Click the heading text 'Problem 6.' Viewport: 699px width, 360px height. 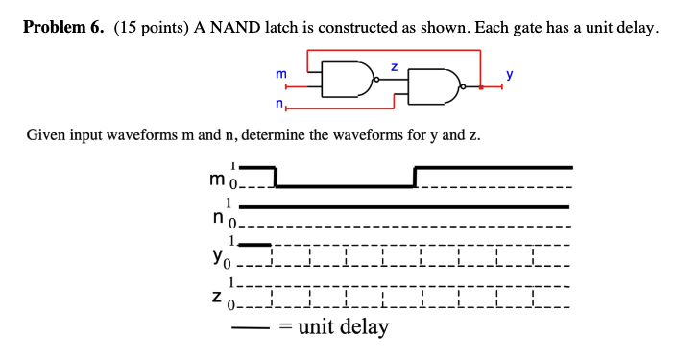(x=64, y=27)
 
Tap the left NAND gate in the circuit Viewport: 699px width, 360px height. (x=345, y=82)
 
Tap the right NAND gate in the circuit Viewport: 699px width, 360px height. (x=434, y=87)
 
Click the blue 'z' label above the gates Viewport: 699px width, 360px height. (x=394, y=65)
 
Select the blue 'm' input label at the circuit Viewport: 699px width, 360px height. (x=280, y=73)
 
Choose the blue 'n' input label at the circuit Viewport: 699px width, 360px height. (x=278, y=103)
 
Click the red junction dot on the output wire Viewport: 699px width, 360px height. (x=479, y=88)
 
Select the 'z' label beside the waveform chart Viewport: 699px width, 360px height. (x=218, y=295)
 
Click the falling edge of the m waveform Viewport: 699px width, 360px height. (x=276, y=177)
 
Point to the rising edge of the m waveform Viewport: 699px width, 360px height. (x=415, y=177)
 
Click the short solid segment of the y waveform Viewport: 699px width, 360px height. (x=254, y=244)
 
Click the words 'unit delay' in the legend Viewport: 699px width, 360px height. (x=344, y=327)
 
